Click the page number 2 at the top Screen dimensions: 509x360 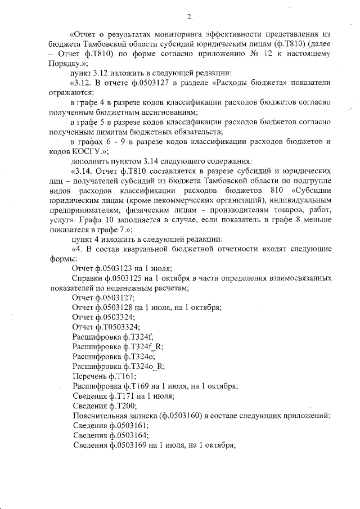tap(190, 16)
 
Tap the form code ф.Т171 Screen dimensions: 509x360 tap(127, 396)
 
